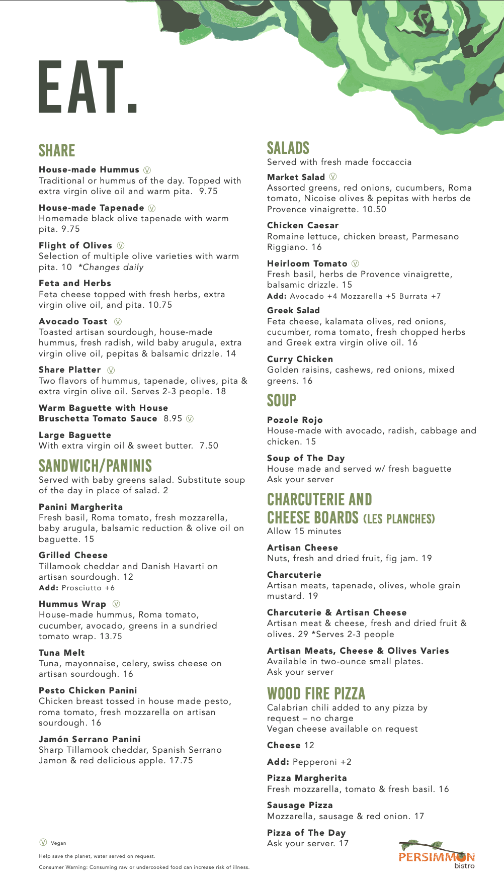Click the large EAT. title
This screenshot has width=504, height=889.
coord(88,86)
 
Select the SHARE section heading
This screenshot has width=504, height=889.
coord(57,150)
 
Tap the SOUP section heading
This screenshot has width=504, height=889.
coord(282,400)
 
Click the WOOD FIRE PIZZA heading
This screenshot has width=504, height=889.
coord(316,693)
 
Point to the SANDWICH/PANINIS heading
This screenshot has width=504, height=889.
coord(95,466)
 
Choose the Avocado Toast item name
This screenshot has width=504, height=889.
coord(73,321)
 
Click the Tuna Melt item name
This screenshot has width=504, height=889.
coord(62,653)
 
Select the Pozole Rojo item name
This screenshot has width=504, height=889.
coord(295,420)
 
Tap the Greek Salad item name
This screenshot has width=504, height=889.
coord(293,310)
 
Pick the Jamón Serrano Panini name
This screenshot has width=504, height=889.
coord(90,739)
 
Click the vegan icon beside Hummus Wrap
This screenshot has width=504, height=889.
coord(116,604)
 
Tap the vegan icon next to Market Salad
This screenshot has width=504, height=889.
coord(333,176)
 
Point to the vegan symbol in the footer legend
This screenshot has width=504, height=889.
coord(43,842)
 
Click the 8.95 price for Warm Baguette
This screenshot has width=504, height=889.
coord(173,418)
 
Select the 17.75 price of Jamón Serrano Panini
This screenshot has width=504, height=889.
coord(181,760)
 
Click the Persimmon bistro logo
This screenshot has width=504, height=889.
coord(437,855)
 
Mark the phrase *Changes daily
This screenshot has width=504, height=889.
coord(111,267)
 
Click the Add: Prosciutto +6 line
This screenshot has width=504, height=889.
coord(76,588)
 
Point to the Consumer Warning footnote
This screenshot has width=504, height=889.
coord(144,867)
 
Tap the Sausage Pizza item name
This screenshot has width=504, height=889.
coord(300,805)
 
